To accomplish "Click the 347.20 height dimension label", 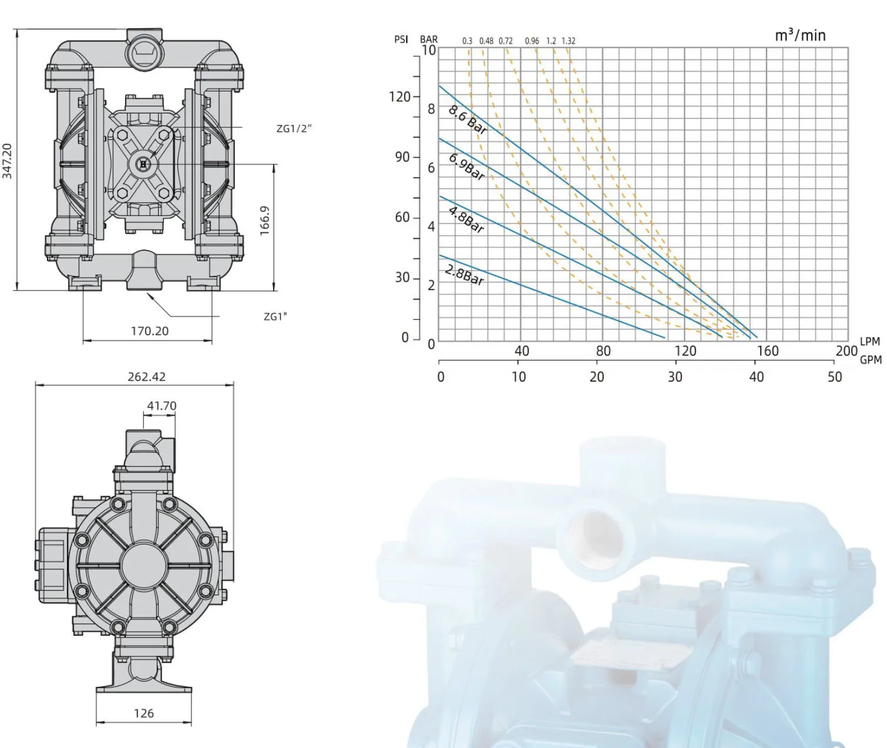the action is click(x=7, y=161).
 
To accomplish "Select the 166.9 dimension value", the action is click(x=264, y=221).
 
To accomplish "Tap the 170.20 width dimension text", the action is click(x=150, y=331).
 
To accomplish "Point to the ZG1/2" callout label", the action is click(x=294, y=128).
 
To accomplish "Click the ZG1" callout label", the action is click(x=275, y=316).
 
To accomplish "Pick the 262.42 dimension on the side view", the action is click(x=146, y=377).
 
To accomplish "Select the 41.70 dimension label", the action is click(x=162, y=406).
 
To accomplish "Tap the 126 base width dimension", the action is click(x=143, y=713).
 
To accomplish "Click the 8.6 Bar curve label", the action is click(x=467, y=120).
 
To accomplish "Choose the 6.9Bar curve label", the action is click(x=466, y=167).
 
